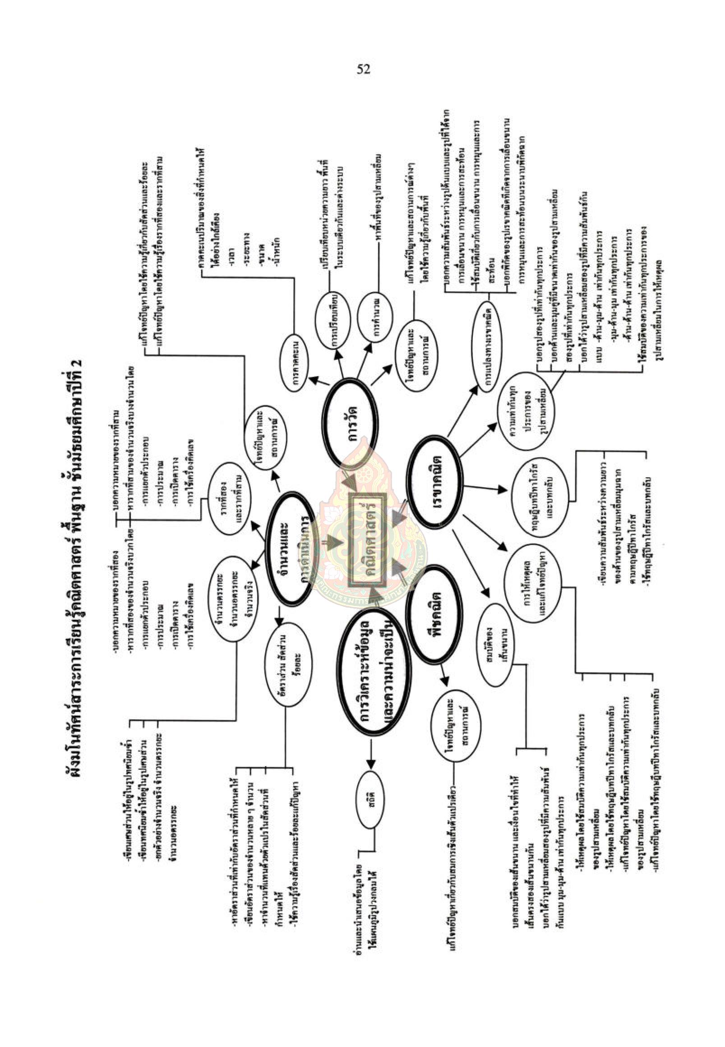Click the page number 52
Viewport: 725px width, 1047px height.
[x=363, y=69]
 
